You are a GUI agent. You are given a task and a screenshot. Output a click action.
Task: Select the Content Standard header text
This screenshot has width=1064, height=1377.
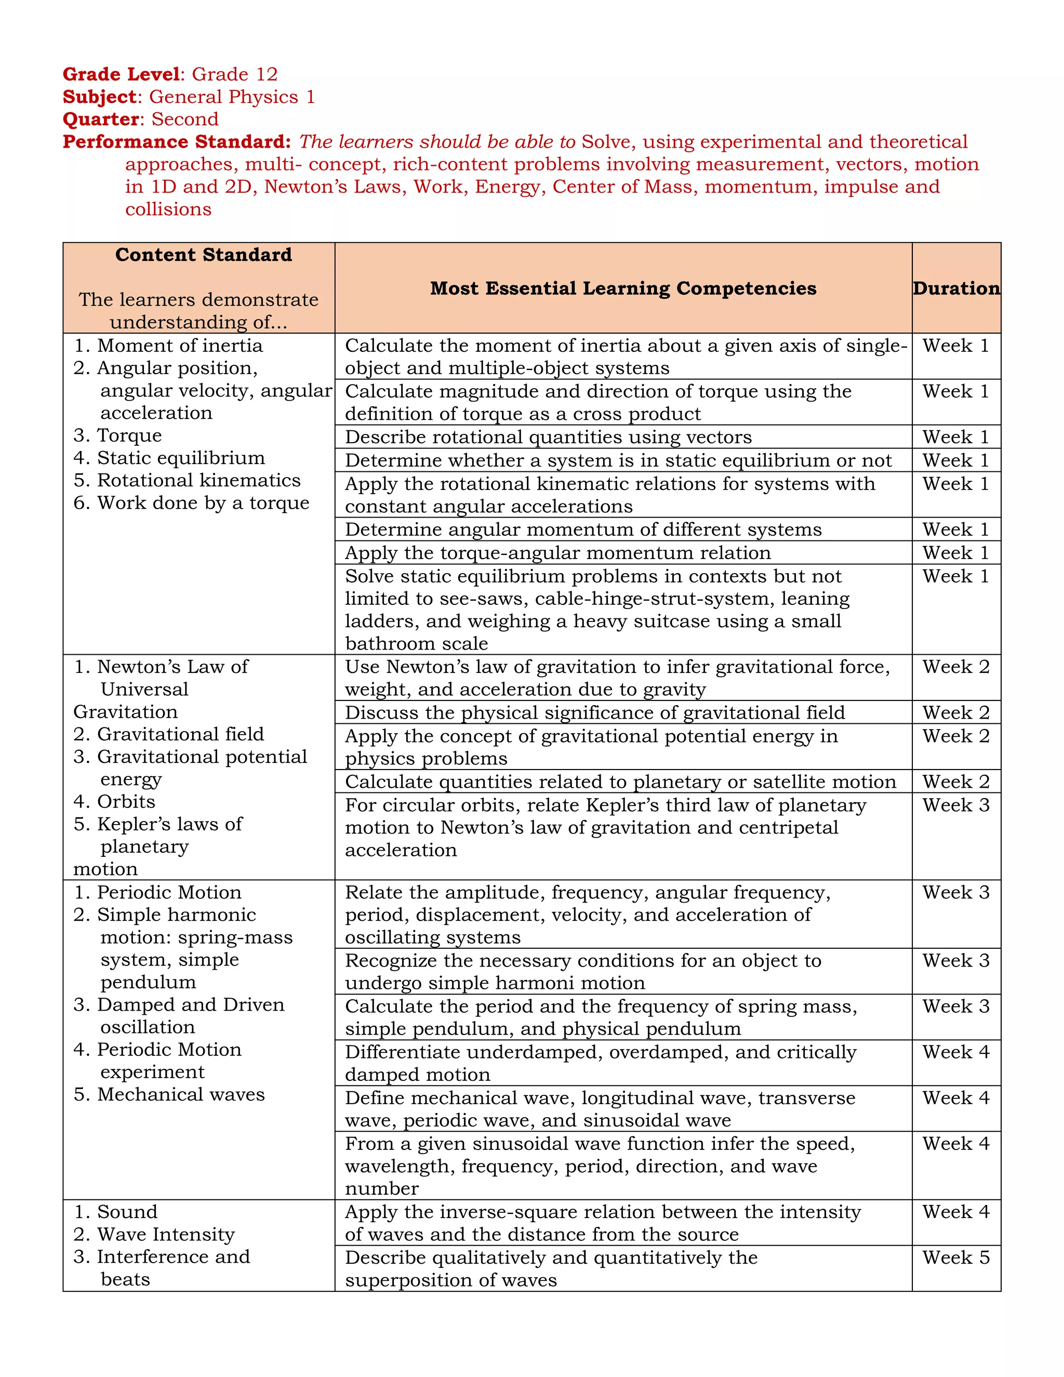point(203,255)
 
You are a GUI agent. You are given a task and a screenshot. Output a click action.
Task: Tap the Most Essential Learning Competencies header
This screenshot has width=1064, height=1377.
point(623,288)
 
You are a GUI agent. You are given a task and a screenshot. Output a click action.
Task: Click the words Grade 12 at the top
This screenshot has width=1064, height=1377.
point(234,74)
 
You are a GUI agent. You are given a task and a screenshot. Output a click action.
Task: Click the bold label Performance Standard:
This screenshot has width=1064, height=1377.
point(177,142)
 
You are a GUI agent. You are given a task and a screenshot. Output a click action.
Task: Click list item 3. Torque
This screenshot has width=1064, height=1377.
point(118,435)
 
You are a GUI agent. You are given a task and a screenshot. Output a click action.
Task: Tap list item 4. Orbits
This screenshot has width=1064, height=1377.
point(115,802)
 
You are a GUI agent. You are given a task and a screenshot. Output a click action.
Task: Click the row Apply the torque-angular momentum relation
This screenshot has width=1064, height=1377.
point(557,553)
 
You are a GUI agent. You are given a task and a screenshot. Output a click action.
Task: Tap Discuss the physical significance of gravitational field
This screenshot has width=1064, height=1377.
point(594,712)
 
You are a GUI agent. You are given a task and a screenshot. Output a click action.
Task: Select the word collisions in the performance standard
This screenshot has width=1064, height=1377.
point(168,209)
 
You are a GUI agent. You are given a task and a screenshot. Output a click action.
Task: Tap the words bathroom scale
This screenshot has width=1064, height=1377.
point(416,644)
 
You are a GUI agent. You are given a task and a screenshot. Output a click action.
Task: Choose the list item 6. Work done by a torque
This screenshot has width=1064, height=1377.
point(192,503)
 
